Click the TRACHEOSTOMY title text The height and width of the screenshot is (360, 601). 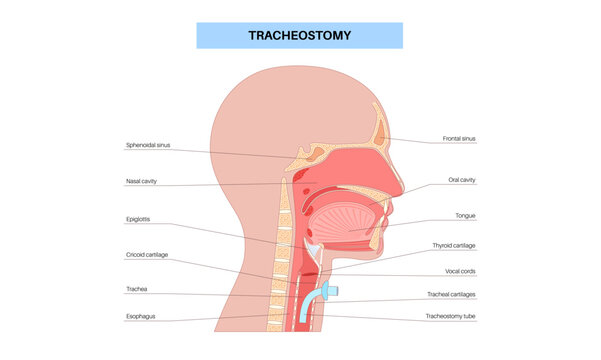click(x=300, y=35)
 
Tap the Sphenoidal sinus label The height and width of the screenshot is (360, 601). click(x=148, y=144)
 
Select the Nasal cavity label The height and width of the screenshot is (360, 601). click(x=141, y=181)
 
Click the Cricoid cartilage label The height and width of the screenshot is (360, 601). click(x=147, y=255)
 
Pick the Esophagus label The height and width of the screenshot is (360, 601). click(x=141, y=317)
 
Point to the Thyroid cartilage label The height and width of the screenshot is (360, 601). click(x=454, y=245)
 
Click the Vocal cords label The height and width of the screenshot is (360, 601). click(x=460, y=270)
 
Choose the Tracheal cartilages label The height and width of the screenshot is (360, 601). click(x=451, y=295)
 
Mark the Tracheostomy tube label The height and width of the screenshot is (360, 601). click(x=452, y=317)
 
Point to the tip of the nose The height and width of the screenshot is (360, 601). click(x=403, y=188)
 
